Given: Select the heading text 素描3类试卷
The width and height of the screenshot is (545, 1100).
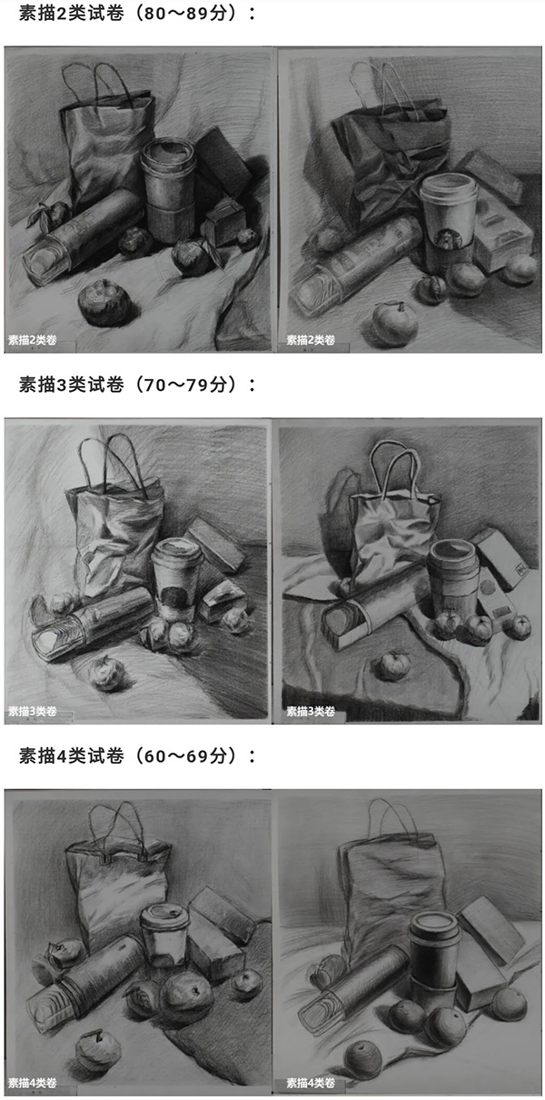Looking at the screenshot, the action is click(x=71, y=385).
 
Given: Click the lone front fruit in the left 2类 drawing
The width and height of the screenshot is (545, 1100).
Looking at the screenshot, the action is click(x=104, y=303).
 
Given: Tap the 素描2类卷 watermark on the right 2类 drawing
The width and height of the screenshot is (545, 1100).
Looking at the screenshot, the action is click(x=311, y=339).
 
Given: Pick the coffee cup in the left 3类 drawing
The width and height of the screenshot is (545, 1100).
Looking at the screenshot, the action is click(x=176, y=579).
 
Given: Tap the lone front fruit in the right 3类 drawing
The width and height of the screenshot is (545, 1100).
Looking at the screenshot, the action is click(x=395, y=665).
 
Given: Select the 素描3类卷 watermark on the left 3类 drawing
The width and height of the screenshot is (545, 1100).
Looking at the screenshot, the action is click(x=33, y=711).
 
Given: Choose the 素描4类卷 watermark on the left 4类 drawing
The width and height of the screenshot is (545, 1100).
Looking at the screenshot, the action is click(x=33, y=1082).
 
